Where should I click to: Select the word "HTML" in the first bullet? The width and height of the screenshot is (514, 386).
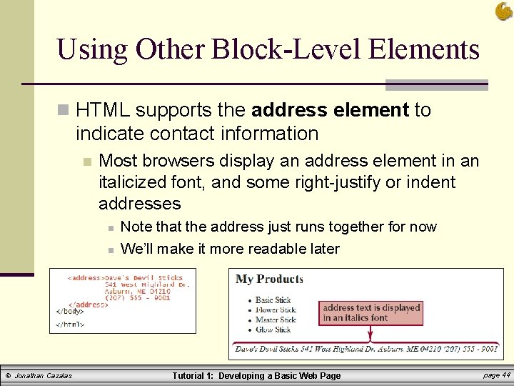coord(104,110)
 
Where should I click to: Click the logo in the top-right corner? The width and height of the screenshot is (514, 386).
coord(503,11)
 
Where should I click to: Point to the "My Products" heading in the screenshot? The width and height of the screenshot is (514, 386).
coord(269,279)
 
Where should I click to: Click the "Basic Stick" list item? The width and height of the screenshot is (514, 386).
coord(273,300)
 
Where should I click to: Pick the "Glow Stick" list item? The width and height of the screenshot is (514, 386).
coord(273,330)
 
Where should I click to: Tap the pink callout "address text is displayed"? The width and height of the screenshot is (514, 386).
coord(371,312)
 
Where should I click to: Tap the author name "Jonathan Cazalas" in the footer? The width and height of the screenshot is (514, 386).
coord(44,376)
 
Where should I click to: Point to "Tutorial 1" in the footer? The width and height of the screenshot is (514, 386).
coord(193,376)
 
